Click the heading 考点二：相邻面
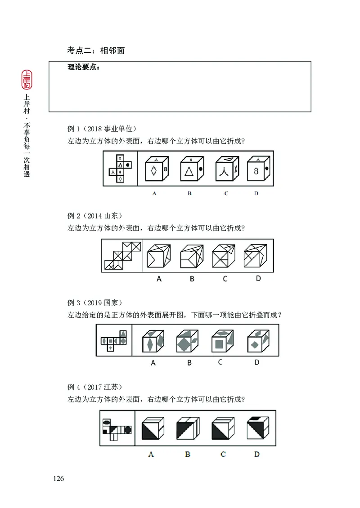click(96, 50)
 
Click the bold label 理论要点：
click(84, 67)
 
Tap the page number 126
click(58, 478)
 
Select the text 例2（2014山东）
click(95, 215)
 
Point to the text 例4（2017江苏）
click(95, 387)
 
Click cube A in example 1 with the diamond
click(156, 169)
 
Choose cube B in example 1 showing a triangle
click(191, 169)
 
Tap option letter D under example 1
click(256, 194)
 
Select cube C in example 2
click(224, 256)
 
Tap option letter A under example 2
click(159, 279)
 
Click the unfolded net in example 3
click(114, 340)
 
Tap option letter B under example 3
click(189, 362)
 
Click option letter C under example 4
click(223, 454)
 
